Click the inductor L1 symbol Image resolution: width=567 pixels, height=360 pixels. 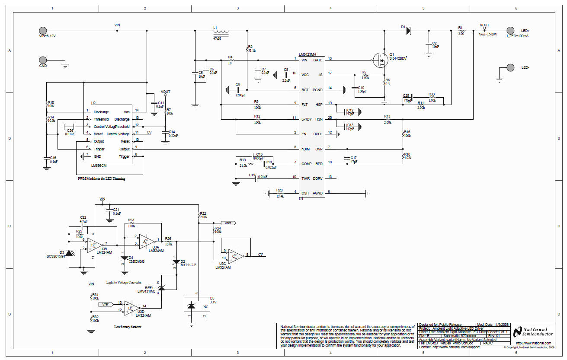pyautogui.click(x=221, y=31)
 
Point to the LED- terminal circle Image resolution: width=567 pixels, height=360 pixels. pyautogui.click(x=510, y=67)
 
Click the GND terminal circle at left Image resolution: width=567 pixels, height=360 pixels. pyautogui.click(x=43, y=61)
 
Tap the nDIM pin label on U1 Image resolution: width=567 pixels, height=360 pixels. pyautogui.click(x=306, y=149)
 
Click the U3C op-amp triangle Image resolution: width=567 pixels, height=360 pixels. pyautogui.click(x=235, y=255)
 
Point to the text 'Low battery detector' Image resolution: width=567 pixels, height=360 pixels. pyautogui.click(x=128, y=327)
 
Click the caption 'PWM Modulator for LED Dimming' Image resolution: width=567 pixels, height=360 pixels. pyautogui.click(x=104, y=178)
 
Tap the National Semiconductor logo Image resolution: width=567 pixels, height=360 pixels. pyautogui.click(x=532, y=332)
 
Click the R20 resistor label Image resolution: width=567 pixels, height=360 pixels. pyautogui.click(x=279, y=190)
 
